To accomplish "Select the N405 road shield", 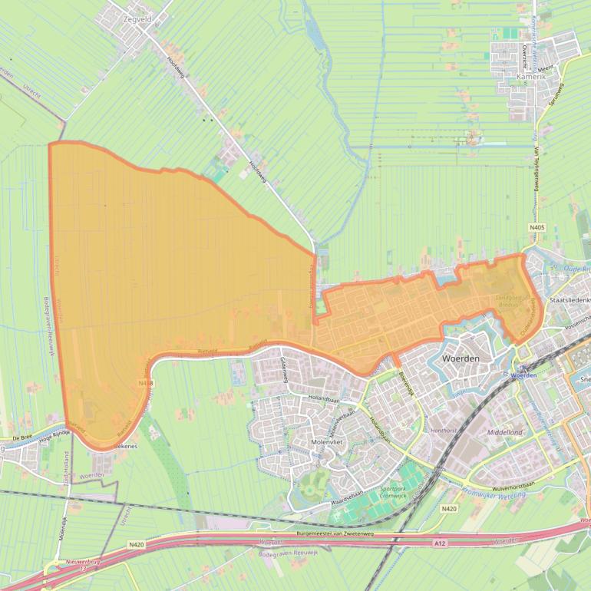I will [537, 228].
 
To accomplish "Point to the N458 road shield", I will [146, 382].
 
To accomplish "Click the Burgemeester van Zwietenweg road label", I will [339, 533].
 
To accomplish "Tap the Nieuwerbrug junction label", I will [84, 563].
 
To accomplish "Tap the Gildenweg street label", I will [282, 355].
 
